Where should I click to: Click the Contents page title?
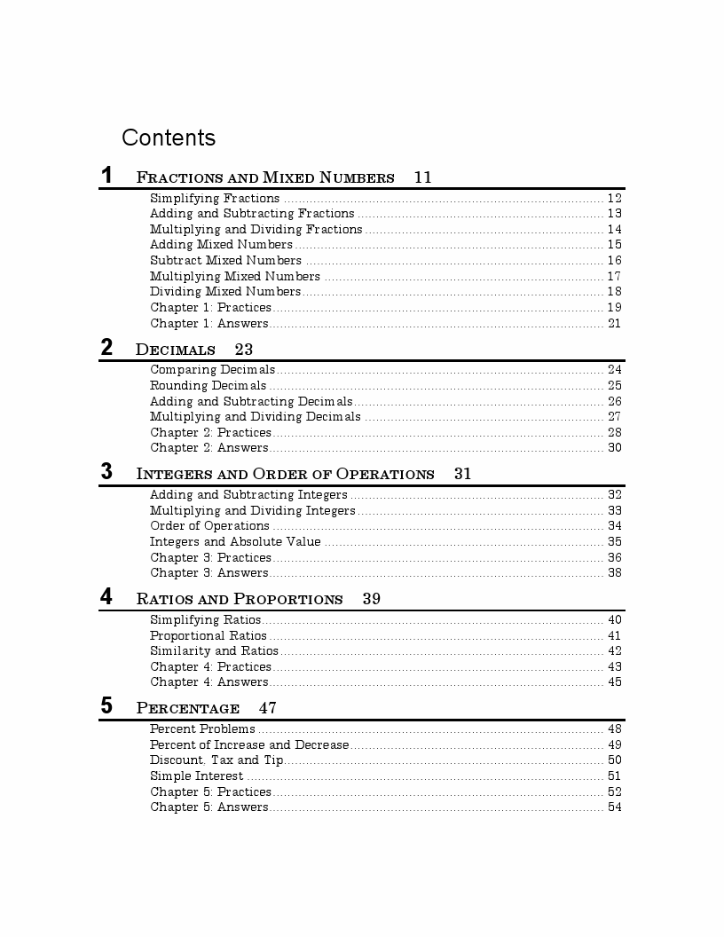pos(169,138)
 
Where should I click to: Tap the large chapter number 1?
pos(106,175)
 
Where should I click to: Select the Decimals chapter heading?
pos(176,350)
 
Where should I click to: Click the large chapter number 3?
pos(106,471)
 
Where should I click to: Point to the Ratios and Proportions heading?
pos(240,599)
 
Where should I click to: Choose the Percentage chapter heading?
pos(188,708)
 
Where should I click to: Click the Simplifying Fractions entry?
pos(215,199)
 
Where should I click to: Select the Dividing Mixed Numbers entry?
pos(225,292)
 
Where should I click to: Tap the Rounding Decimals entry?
pos(208,386)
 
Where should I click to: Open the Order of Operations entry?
pos(209,526)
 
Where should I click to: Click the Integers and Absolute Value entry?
pos(235,542)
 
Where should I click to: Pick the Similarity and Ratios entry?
pos(214,651)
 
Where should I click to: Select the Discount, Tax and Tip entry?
pos(216,760)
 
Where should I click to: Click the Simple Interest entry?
pos(196,776)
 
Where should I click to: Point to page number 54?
pos(614,807)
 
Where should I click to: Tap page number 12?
pos(614,199)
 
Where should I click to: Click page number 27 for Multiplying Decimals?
pos(614,417)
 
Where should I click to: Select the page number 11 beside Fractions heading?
pos(422,177)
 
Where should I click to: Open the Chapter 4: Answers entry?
pos(209,682)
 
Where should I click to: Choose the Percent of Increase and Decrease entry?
pos(249,745)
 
